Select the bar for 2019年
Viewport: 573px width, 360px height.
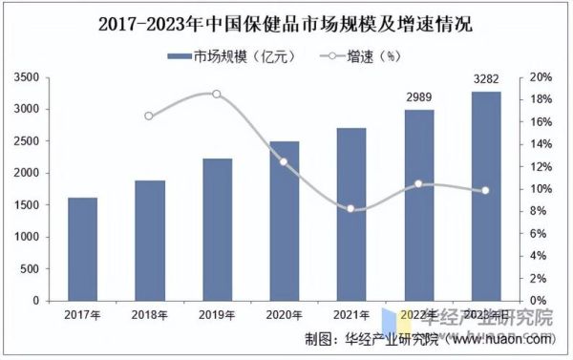pos(217,229)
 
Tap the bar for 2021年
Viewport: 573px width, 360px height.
pos(351,214)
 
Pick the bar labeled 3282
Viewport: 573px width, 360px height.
pos(485,196)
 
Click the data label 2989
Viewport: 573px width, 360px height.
pos(418,98)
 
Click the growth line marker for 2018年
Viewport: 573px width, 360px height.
pos(150,116)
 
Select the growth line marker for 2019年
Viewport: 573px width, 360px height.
pos(217,94)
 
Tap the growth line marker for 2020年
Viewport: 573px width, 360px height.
pos(284,161)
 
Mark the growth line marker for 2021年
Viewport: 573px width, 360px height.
pos(351,208)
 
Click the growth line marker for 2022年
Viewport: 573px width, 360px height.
pos(418,183)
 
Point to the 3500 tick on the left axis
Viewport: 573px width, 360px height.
pos(30,77)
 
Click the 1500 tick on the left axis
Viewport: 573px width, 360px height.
pos(30,205)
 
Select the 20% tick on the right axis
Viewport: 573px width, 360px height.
pos(541,77)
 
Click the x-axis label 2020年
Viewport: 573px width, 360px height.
pos(284,314)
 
